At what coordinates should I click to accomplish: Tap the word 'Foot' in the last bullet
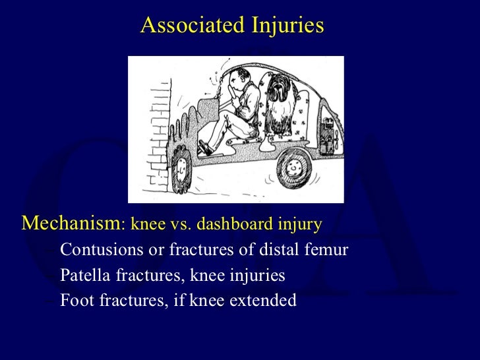74,301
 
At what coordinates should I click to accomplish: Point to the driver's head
242,78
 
